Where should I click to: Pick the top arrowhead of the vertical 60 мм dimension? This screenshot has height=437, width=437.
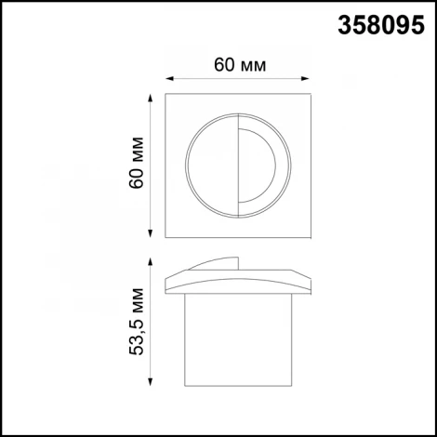point(151,95)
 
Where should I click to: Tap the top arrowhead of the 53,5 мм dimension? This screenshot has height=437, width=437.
point(151,258)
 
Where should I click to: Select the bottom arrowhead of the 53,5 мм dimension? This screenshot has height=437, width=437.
point(151,381)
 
